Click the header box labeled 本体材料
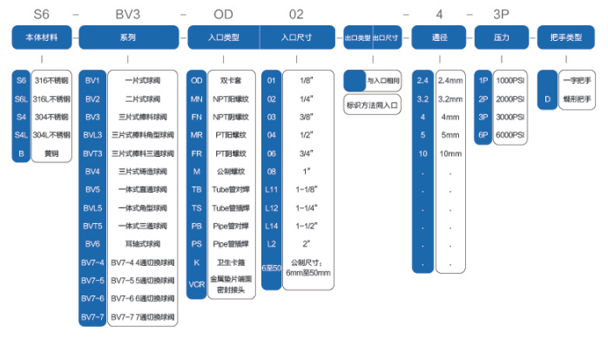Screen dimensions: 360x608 click(x=40, y=37)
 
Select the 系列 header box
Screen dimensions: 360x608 click(x=128, y=37)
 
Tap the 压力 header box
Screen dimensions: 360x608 click(x=500, y=37)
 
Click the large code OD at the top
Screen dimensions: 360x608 click(x=223, y=14)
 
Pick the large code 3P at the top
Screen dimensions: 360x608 click(x=501, y=14)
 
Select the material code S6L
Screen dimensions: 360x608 click(x=22, y=98)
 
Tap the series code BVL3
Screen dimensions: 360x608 click(x=92, y=134)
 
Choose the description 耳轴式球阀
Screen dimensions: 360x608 click(x=139, y=243)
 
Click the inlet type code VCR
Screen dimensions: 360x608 click(x=197, y=283)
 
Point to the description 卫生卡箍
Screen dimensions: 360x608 click(x=232, y=262)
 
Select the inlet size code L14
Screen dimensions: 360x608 click(x=272, y=225)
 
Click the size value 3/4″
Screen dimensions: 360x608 click(x=307, y=153)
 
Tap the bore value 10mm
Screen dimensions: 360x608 click(x=450, y=153)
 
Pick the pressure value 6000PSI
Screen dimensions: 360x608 click(x=510, y=134)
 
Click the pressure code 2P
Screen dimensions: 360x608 click(x=483, y=98)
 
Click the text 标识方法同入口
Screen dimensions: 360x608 click(x=373, y=105)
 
